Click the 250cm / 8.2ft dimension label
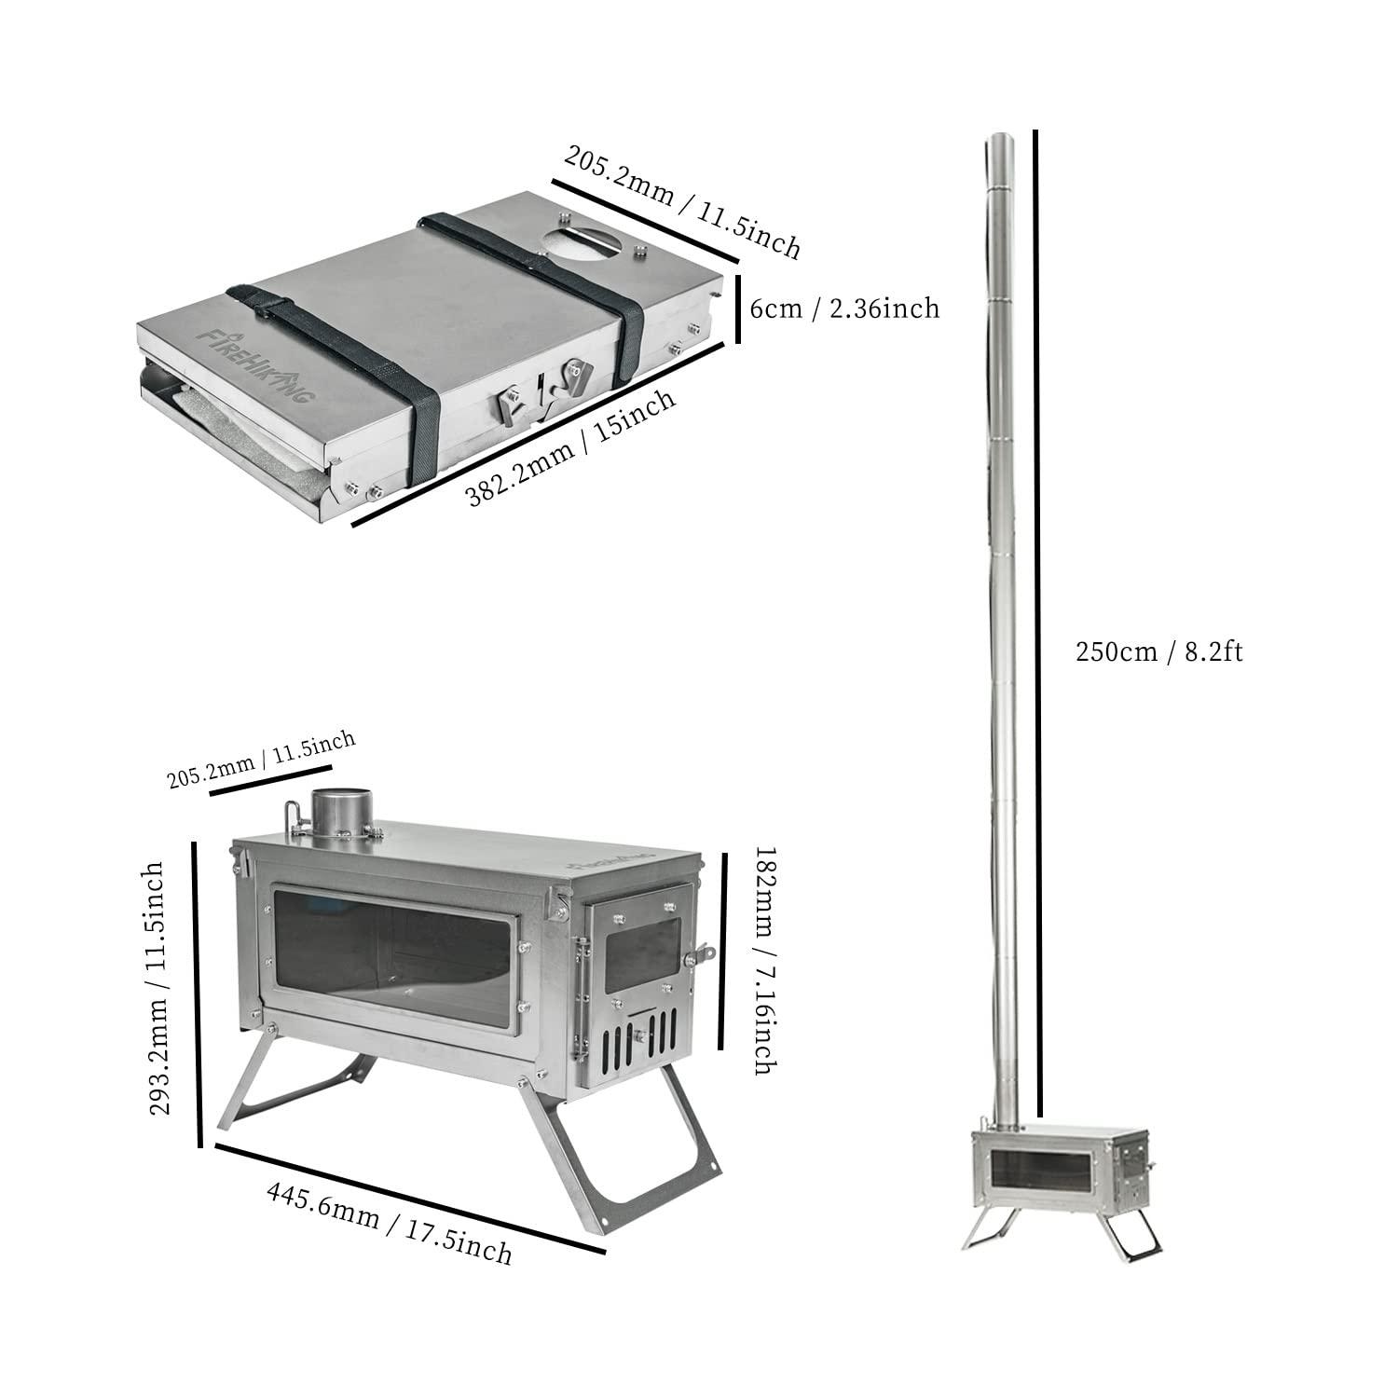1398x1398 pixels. coord(1158,651)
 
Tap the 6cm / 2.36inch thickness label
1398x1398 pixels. coord(844,308)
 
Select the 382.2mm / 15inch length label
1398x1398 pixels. coord(570,448)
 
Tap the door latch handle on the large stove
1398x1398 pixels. coord(700,953)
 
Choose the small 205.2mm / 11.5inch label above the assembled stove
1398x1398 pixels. coord(261,760)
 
